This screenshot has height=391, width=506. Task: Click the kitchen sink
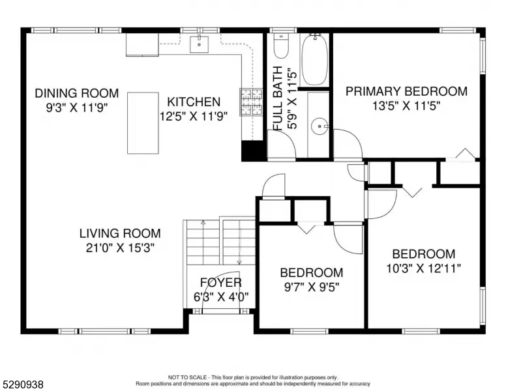199,44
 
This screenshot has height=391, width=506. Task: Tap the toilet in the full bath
281,46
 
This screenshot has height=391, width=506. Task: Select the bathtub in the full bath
315,60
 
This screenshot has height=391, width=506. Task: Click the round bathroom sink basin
320,126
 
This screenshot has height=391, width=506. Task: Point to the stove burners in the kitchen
251,102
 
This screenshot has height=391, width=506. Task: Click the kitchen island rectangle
143,123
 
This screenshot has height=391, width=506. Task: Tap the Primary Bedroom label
406,91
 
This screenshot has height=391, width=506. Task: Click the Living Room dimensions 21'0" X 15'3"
120,248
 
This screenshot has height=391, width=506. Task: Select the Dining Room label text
77,93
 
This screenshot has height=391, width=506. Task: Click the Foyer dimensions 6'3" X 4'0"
221,297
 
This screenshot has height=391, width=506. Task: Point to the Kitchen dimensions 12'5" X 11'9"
194,116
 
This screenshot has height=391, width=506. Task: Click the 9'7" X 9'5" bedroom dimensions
312,287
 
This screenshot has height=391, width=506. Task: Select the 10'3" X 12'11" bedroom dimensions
423,268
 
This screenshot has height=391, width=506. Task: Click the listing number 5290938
23,384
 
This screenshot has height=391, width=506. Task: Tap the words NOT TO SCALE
187,377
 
